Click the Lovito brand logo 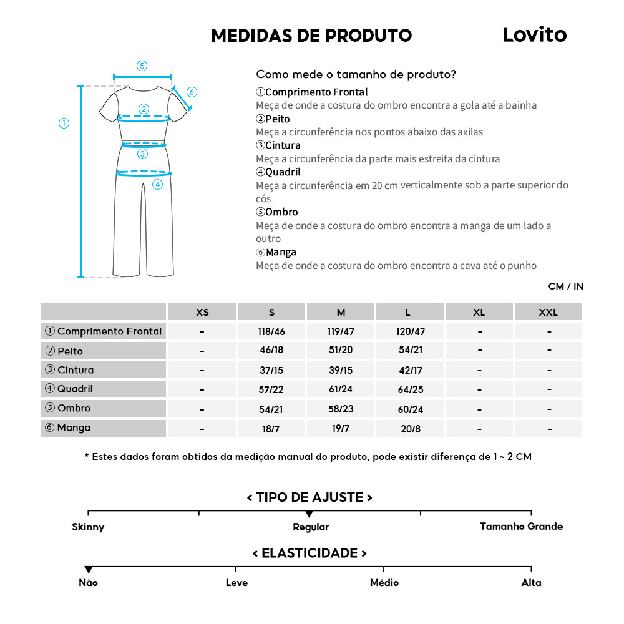[534, 35]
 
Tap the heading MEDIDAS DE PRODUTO [311, 36]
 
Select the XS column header [202, 312]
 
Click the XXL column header [548, 312]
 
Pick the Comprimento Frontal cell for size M [341, 331]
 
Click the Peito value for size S [271, 350]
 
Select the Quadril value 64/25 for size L [410, 389]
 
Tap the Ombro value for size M [341, 409]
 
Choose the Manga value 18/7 [271, 429]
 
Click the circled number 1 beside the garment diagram [64, 123]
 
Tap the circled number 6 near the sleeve [192, 92]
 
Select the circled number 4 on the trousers [157, 184]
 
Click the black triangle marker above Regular [309, 514]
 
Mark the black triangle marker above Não [89, 570]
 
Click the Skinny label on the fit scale [88, 527]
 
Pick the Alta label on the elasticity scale [531, 583]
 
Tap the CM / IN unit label [565, 286]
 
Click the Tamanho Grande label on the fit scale [521, 527]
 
